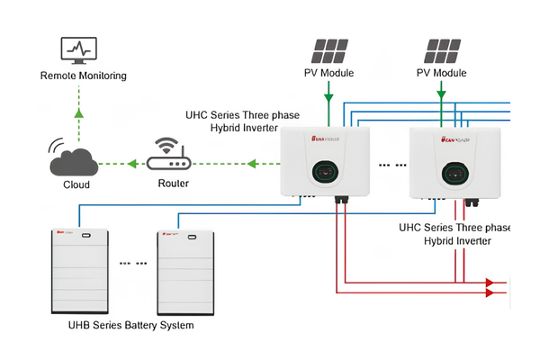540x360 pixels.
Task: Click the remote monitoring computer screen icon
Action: (x=77, y=50)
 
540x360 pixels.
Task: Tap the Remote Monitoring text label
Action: (x=84, y=76)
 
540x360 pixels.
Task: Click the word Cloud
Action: (x=76, y=184)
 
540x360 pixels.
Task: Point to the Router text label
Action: (x=173, y=184)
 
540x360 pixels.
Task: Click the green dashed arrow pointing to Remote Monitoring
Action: (x=78, y=112)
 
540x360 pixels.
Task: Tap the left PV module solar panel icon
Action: (x=330, y=50)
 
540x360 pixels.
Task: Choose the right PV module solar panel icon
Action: (x=441, y=50)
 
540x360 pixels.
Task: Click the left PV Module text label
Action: (x=330, y=73)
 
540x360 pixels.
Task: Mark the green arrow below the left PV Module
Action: (x=330, y=92)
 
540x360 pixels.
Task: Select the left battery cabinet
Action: (x=78, y=271)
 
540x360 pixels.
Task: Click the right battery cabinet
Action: (x=185, y=271)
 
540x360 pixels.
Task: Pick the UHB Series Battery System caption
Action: (x=131, y=324)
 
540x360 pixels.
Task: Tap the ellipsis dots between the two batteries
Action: (x=132, y=264)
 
